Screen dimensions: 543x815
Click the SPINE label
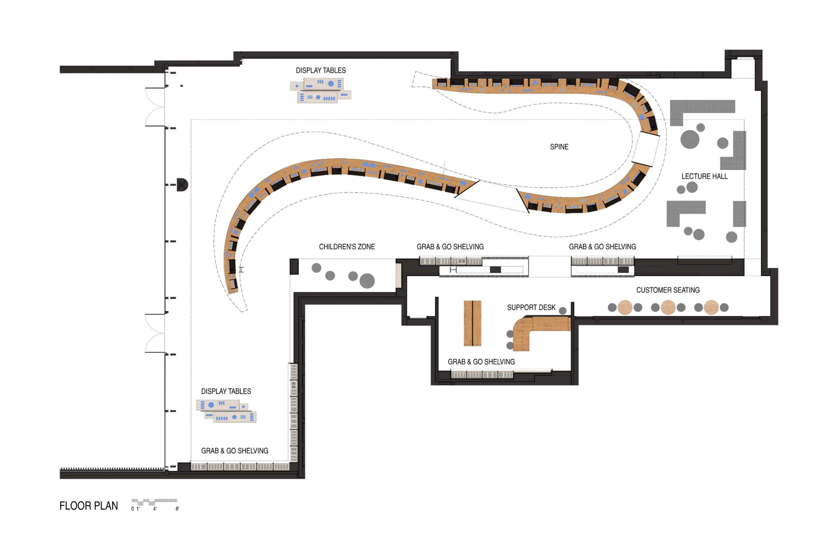tap(559, 147)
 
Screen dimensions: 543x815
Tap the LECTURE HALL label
tap(704, 176)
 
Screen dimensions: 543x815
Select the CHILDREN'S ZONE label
tap(347, 247)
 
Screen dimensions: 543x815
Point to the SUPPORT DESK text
tap(531, 308)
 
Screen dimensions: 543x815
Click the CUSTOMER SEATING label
tap(667, 290)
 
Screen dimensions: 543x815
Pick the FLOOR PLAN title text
tap(88, 506)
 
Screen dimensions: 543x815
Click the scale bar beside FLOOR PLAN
tap(154, 501)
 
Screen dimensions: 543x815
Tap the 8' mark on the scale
tap(177, 509)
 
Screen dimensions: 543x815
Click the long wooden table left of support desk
tap(472, 323)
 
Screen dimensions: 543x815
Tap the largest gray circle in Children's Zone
tap(367, 281)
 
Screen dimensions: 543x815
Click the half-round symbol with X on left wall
tap(182, 185)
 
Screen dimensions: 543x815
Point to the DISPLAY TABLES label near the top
tap(320, 70)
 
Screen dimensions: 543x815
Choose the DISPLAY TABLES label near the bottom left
tap(226, 391)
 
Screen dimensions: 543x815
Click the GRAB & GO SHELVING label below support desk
tap(481, 362)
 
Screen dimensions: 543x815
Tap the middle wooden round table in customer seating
tap(668, 308)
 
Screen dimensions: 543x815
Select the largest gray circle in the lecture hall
tap(690, 139)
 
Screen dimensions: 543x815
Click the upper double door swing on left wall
tap(155, 107)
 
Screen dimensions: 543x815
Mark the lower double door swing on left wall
tap(155, 333)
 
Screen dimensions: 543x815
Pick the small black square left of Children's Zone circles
tap(294, 266)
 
